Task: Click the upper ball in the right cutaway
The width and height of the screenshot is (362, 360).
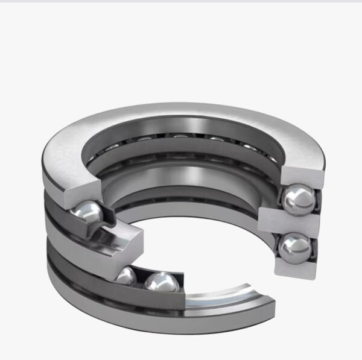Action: pyautogui.click(x=299, y=200)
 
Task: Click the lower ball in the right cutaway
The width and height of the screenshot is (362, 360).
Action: pyautogui.click(x=296, y=247)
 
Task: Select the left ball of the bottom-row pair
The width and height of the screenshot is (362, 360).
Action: pyautogui.click(x=125, y=276)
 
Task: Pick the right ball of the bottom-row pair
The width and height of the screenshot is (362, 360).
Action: pyautogui.click(x=161, y=282)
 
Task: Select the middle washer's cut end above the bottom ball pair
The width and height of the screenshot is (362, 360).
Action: pyautogui.click(x=130, y=241)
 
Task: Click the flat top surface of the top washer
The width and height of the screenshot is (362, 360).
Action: pyautogui.click(x=181, y=115)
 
